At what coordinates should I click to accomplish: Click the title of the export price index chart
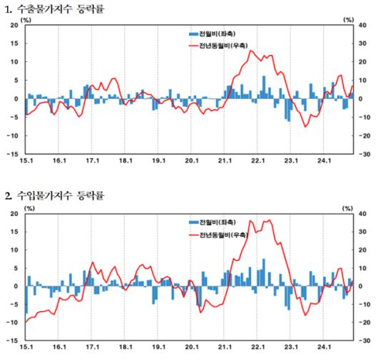click(54, 8)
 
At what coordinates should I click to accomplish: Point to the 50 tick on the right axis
click(364, 25)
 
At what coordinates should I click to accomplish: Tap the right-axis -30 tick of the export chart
click(364, 153)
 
